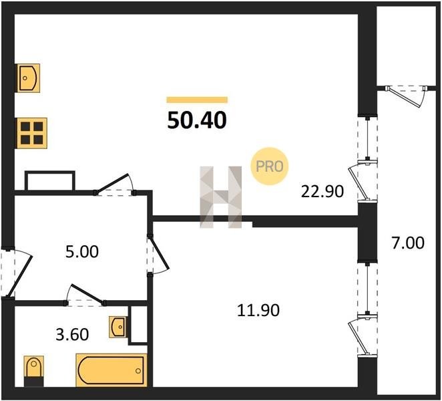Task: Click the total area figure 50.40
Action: (197, 120)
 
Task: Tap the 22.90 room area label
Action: (322, 192)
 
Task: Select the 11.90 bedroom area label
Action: (258, 310)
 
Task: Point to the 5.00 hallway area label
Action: (82, 252)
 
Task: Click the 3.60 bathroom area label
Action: (73, 335)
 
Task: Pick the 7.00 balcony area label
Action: (407, 243)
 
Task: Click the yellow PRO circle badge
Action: (270, 166)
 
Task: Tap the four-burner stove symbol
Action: (32, 133)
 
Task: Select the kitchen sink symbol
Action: (29, 78)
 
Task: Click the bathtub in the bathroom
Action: (112, 370)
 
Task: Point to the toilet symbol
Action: (34, 371)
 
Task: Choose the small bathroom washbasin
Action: (118, 327)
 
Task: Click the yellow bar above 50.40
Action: (197, 100)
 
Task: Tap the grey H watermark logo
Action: (221, 197)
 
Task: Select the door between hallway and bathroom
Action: (85, 295)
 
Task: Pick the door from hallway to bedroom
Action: (158, 254)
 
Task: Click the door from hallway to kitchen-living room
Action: (115, 185)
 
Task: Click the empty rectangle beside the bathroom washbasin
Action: (138, 325)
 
